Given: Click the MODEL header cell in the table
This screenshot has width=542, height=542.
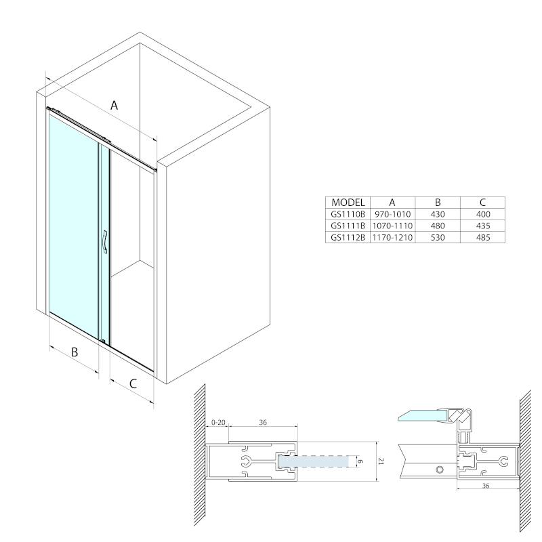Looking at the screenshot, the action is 348,203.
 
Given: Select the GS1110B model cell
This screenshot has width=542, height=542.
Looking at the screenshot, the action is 348,214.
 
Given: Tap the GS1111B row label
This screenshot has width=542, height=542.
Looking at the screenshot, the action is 348,226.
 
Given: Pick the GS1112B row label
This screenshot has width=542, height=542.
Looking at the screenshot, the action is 348,238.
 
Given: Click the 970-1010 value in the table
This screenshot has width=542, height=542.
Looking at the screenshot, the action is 393,214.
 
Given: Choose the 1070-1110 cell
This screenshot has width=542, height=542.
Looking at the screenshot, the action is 393,226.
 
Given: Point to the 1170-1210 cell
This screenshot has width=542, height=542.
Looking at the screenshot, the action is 393,238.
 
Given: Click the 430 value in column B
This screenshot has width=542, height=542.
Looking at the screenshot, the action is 438,214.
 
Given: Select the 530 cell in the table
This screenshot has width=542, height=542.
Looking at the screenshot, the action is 438,238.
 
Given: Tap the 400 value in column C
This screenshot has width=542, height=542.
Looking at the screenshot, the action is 483,214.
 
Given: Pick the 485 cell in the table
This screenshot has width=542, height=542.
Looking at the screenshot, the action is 483,238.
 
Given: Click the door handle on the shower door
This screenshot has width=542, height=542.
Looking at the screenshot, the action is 105,242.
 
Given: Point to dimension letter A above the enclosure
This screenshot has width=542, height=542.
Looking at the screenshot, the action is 114,105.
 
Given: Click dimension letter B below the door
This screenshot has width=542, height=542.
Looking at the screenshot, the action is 75,352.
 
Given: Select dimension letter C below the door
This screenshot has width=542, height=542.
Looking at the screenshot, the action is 133,383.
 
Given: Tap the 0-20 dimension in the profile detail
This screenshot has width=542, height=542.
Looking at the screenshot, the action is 218,422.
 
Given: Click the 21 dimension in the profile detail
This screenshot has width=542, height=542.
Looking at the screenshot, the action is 381,461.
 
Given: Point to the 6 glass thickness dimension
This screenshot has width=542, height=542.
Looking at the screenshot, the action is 361,461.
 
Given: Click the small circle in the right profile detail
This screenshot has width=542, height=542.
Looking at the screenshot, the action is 440,470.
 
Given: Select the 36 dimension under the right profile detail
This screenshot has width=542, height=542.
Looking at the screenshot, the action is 486,486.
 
